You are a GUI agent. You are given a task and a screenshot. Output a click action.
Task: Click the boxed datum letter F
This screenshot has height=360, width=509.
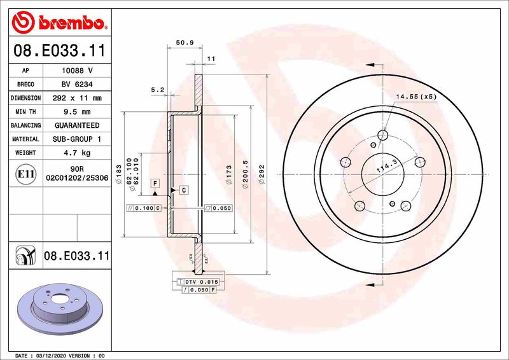(154, 183)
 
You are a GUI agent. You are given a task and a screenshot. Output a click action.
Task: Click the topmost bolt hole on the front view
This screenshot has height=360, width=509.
(382, 135)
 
